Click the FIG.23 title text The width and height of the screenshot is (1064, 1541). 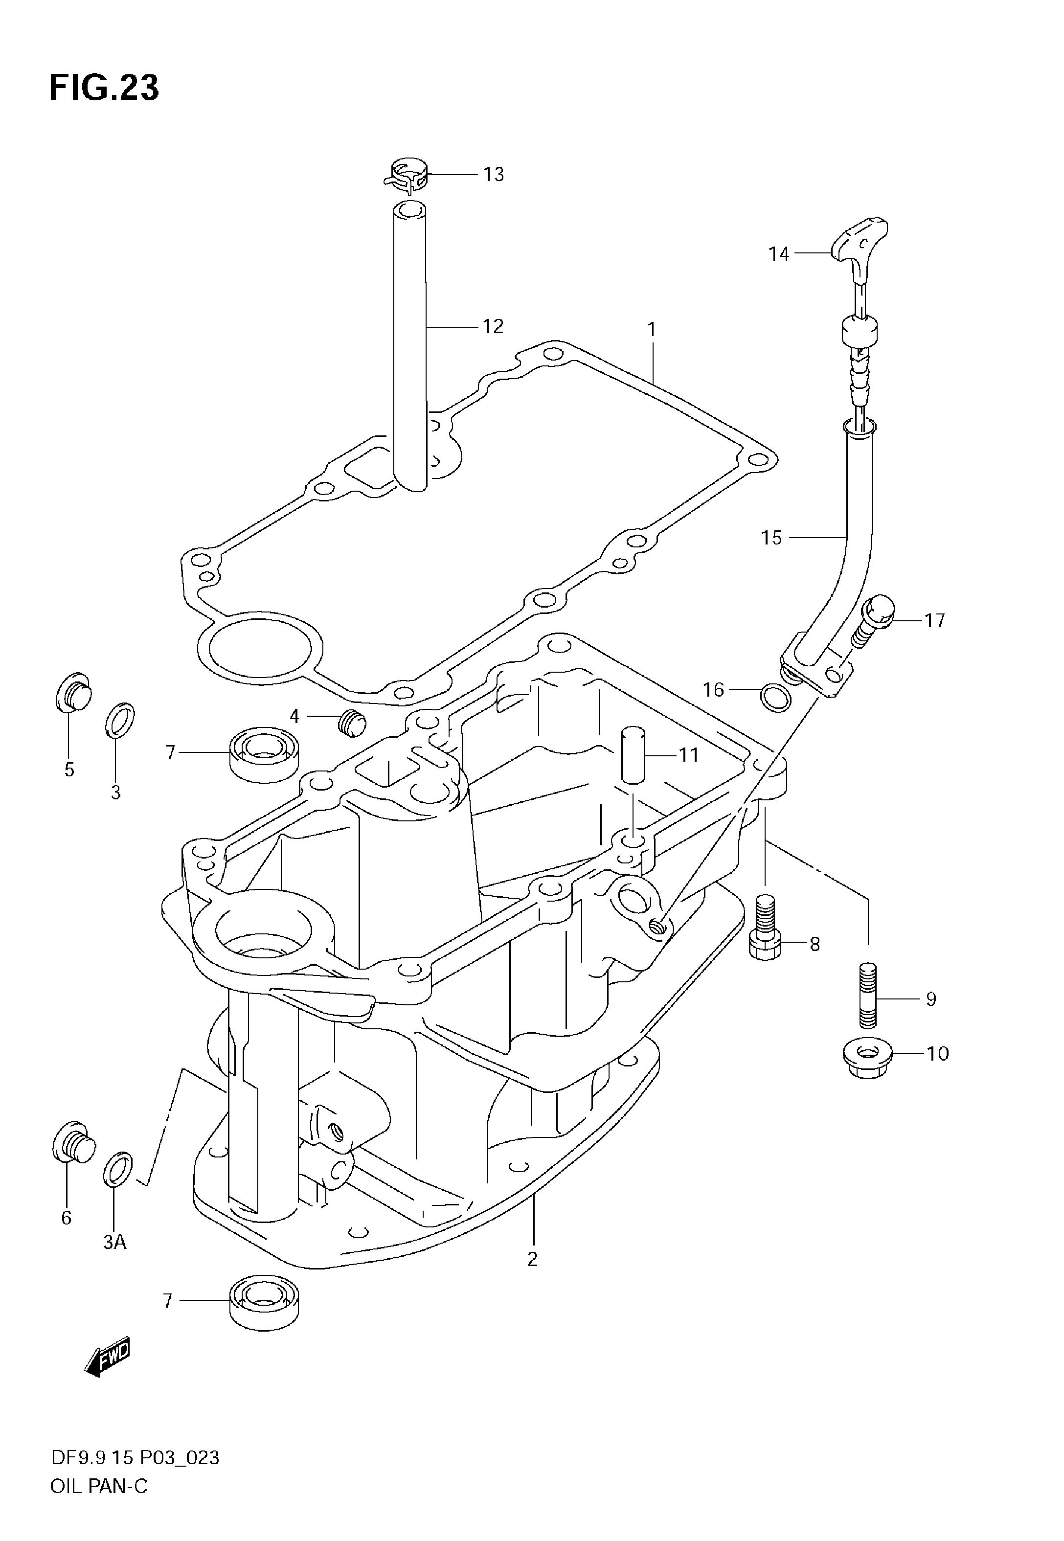coord(104,88)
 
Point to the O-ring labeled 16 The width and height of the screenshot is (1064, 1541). coord(776,698)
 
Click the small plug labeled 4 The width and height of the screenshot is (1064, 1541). coord(351,723)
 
